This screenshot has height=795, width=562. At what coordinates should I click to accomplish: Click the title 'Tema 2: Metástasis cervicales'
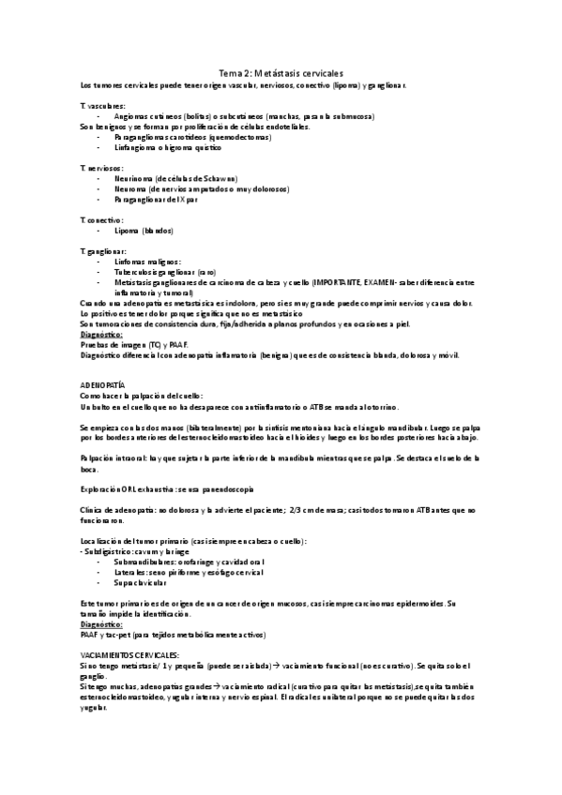pyautogui.click(x=281, y=72)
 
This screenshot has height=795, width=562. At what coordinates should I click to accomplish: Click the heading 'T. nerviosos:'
pyautogui.click(x=102, y=167)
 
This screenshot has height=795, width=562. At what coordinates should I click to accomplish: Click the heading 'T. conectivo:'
pyautogui.click(x=102, y=219)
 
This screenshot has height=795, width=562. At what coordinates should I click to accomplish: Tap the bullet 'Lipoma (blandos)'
pyautogui.click(x=144, y=230)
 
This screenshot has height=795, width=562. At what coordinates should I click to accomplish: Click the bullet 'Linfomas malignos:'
pyautogui.click(x=147, y=262)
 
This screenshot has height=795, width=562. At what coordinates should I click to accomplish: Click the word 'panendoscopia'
pyautogui.click(x=223, y=489)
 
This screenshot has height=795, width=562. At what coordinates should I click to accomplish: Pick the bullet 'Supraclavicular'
pyautogui.click(x=144, y=582)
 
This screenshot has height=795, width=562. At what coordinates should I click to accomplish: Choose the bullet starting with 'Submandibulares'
pyautogui.click(x=176, y=562)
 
